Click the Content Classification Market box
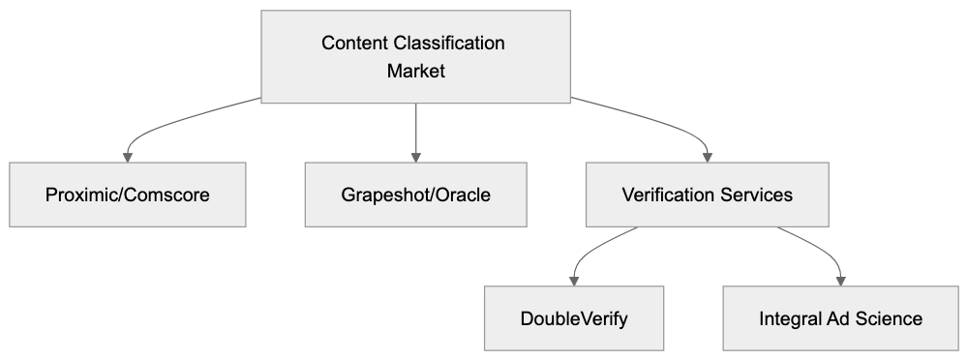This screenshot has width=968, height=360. (416, 57)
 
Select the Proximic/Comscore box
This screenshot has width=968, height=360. (128, 195)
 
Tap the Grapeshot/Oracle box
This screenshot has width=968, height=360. (416, 195)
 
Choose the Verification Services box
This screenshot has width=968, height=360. (707, 195)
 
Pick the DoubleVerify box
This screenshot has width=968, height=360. (574, 318)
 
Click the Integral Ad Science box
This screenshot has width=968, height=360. (840, 318)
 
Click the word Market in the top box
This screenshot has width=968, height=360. (416, 71)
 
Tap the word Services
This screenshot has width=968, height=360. (758, 195)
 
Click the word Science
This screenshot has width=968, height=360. (890, 318)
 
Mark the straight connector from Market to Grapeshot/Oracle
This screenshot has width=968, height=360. (416, 126)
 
